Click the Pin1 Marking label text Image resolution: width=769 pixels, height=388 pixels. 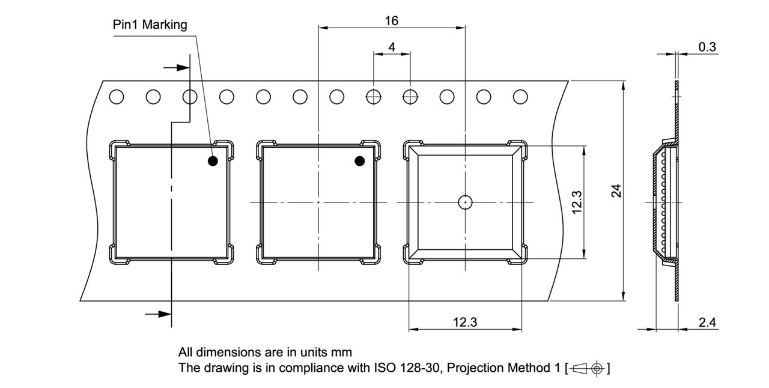click(150, 25)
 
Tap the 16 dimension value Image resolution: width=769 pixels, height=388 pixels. click(391, 20)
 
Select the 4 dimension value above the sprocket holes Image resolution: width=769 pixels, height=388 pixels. click(392, 47)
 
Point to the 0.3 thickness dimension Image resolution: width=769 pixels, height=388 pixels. click(708, 47)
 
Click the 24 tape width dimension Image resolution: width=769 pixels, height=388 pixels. click(615, 191)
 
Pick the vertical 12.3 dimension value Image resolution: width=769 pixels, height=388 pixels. click(577, 202)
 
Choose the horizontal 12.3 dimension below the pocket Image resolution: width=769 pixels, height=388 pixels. click(464, 322)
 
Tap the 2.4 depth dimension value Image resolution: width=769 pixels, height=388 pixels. click(707, 322)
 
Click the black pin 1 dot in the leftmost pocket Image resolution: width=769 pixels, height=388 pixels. click(213, 161)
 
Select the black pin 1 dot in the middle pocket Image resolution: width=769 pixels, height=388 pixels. click(360, 161)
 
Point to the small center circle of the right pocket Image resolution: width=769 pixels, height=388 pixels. click(465, 202)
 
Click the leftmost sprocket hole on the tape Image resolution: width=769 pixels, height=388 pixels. click(117, 97)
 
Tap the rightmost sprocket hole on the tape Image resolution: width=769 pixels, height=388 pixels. click(520, 97)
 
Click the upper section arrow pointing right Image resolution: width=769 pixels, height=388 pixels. click(177, 67)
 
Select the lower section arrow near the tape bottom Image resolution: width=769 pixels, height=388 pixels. click(159, 314)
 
